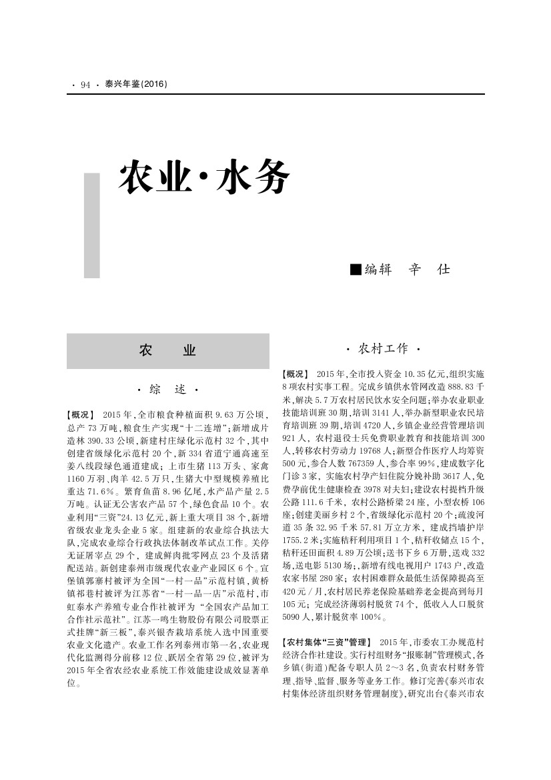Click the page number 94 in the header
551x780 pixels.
click(85, 85)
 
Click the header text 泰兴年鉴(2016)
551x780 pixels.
click(135, 85)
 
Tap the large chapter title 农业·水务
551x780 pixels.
click(204, 178)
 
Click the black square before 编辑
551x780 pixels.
click(356, 270)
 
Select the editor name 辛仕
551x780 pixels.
click(429, 270)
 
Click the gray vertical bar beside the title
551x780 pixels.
click(91, 225)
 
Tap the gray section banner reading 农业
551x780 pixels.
click(167, 351)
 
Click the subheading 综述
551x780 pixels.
click(167, 389)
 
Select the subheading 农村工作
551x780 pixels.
click(383, 349)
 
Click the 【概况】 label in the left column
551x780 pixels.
click(81, 415)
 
